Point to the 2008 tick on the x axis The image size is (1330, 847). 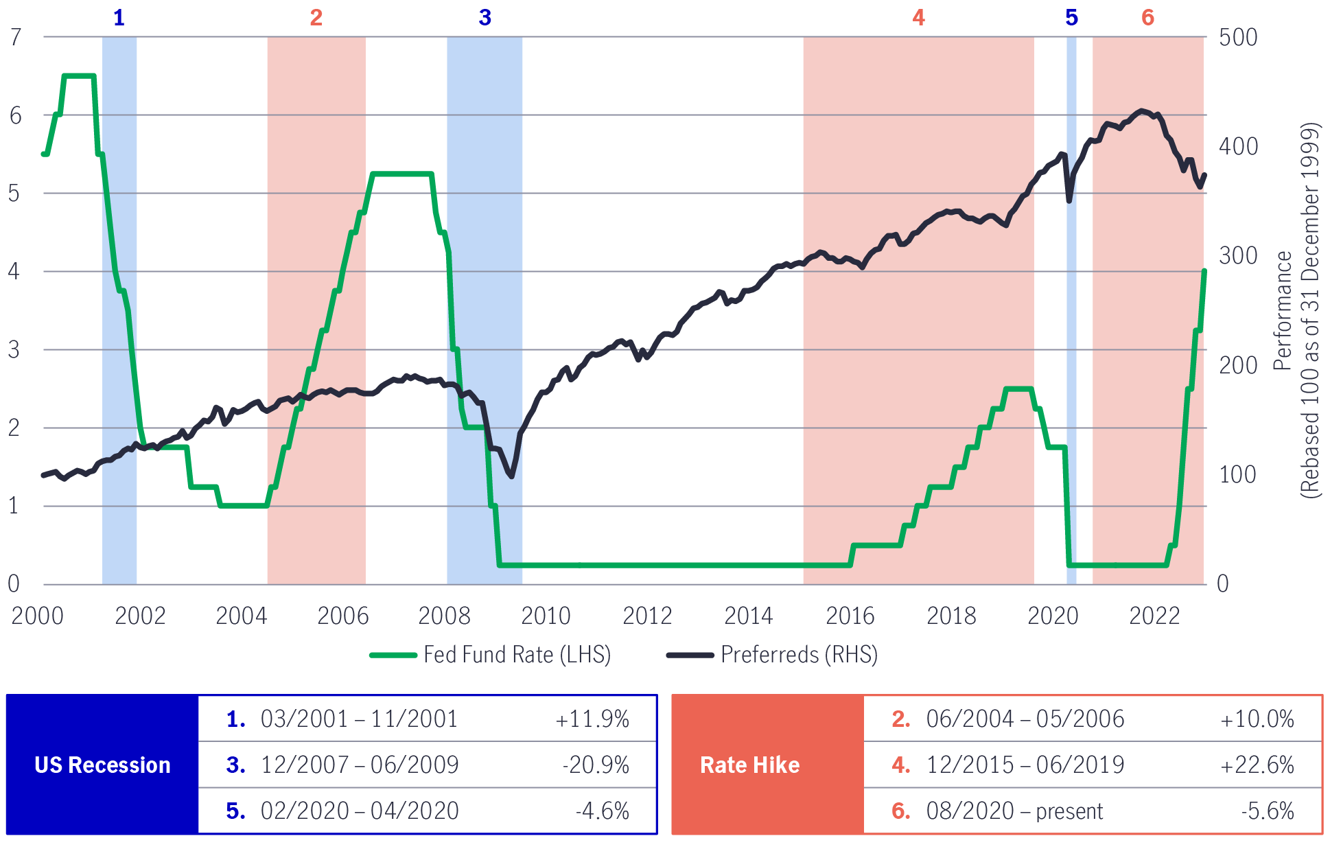(x=444, y=616)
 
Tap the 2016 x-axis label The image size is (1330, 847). (x=850, y=616)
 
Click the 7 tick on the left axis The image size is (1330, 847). (x=16, y=37)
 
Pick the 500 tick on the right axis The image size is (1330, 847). (x=1237, y=37)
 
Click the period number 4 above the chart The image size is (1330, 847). (x=918, y=18)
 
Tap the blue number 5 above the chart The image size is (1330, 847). (x=1071, y=18)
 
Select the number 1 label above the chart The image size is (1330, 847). (x=119, y=18)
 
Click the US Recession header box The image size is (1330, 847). (x=102, y=765)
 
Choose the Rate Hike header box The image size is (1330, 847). (x=749, y=765)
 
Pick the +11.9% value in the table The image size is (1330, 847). (x=592, y=719)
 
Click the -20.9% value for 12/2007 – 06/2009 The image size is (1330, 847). (x=595, y=765)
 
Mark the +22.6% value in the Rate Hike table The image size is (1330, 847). (x=1257, y=765)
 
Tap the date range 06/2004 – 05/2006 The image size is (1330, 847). (x=1025, y=719)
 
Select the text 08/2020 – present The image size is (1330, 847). (x=1014, y=811)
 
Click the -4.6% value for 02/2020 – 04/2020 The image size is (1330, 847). (x=602, y=811)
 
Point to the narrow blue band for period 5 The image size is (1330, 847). (x=1071, y=309)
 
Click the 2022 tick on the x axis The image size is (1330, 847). (x=1154, y=616)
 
